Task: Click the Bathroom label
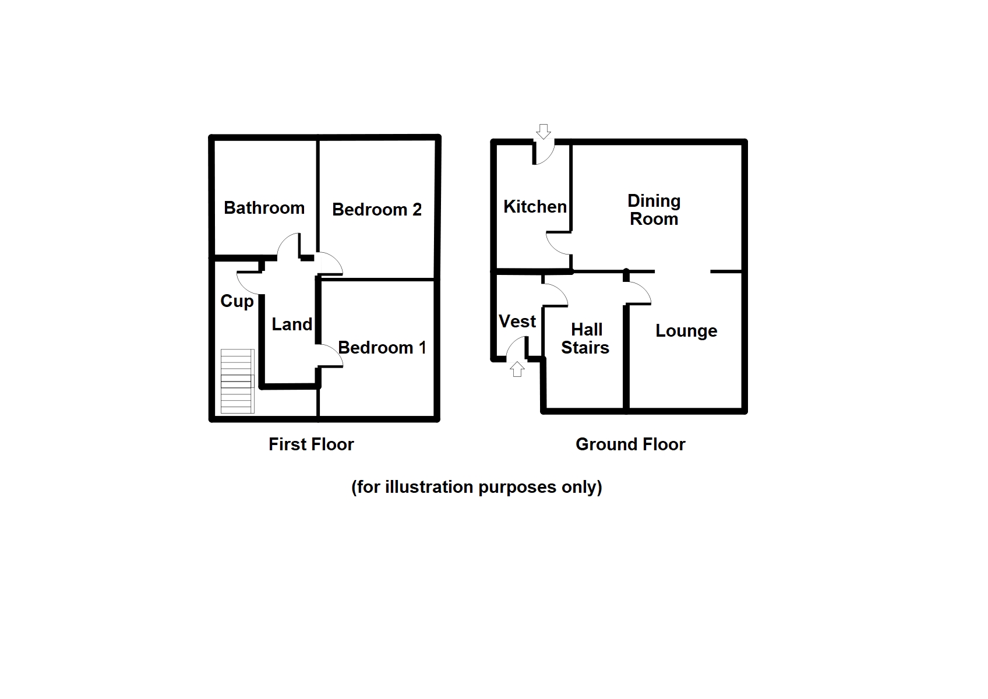(264, 208)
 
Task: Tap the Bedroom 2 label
(376, 210)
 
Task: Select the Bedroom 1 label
(382, 348)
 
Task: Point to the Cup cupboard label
(237, 301)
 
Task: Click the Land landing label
(291, 324)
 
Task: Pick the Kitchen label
(535, 207)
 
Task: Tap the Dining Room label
(654, 210)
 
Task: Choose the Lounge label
(686, 331)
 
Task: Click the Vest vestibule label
(517, 322)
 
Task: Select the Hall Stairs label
(585, 338)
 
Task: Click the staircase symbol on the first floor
(237, 381)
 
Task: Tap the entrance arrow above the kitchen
(543, 131)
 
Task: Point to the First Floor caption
(311, 444)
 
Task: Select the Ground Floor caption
(630, 444)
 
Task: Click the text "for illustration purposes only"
(477, 487)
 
